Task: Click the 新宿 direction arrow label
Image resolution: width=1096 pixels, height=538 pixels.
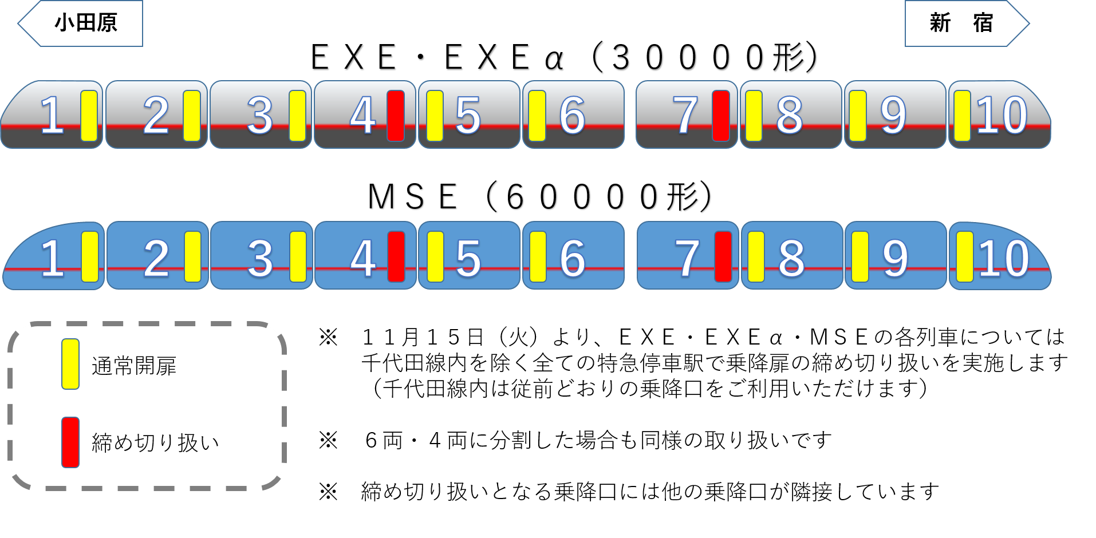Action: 962,23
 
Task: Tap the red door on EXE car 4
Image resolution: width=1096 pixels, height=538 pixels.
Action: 396,116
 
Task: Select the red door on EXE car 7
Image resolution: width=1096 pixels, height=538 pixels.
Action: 721,116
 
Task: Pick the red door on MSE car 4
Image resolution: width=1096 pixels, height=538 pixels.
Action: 396,256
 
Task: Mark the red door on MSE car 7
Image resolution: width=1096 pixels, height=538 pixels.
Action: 723,256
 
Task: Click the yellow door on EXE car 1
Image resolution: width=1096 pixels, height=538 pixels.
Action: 89,116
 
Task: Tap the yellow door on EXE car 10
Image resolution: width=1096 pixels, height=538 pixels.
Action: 962,116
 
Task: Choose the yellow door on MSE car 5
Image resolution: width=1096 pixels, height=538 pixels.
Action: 435,256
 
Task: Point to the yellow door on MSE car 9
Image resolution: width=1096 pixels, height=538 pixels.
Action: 860,256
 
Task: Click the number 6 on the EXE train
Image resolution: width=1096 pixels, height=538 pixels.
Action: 572,116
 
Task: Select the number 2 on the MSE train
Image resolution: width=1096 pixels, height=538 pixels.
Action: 156,258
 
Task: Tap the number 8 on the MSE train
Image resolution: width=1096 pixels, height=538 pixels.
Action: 791,258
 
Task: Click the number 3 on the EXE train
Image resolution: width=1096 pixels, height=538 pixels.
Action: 259,116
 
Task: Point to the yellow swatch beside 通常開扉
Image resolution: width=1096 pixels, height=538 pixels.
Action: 70,364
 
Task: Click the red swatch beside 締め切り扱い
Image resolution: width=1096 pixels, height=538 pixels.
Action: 70,442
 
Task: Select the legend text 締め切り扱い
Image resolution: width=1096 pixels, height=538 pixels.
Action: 155,442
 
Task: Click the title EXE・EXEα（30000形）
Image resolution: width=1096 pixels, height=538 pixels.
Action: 564,58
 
